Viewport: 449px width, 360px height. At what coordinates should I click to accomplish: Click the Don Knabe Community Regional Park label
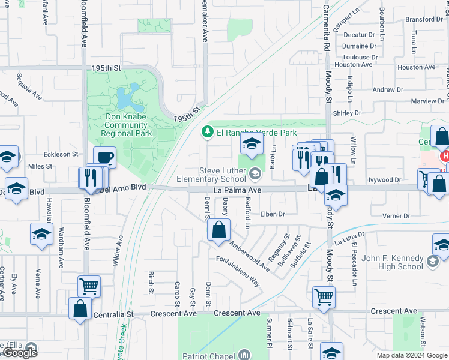126,125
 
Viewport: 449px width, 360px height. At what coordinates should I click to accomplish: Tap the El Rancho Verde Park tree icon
207,131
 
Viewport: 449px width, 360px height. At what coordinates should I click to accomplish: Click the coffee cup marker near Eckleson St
104,157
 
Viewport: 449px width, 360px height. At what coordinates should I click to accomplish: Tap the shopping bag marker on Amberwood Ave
220,229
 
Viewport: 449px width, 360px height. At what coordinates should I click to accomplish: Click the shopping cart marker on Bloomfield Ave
89,286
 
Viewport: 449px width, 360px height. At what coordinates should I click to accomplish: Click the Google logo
20,353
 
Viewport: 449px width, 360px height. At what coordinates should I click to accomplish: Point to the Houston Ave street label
416,67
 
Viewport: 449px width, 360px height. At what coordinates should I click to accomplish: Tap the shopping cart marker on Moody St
323,296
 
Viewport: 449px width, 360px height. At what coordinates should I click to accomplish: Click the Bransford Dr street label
424,19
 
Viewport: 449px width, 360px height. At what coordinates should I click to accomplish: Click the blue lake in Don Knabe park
125,95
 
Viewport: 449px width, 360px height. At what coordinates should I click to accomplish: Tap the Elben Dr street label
272,214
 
